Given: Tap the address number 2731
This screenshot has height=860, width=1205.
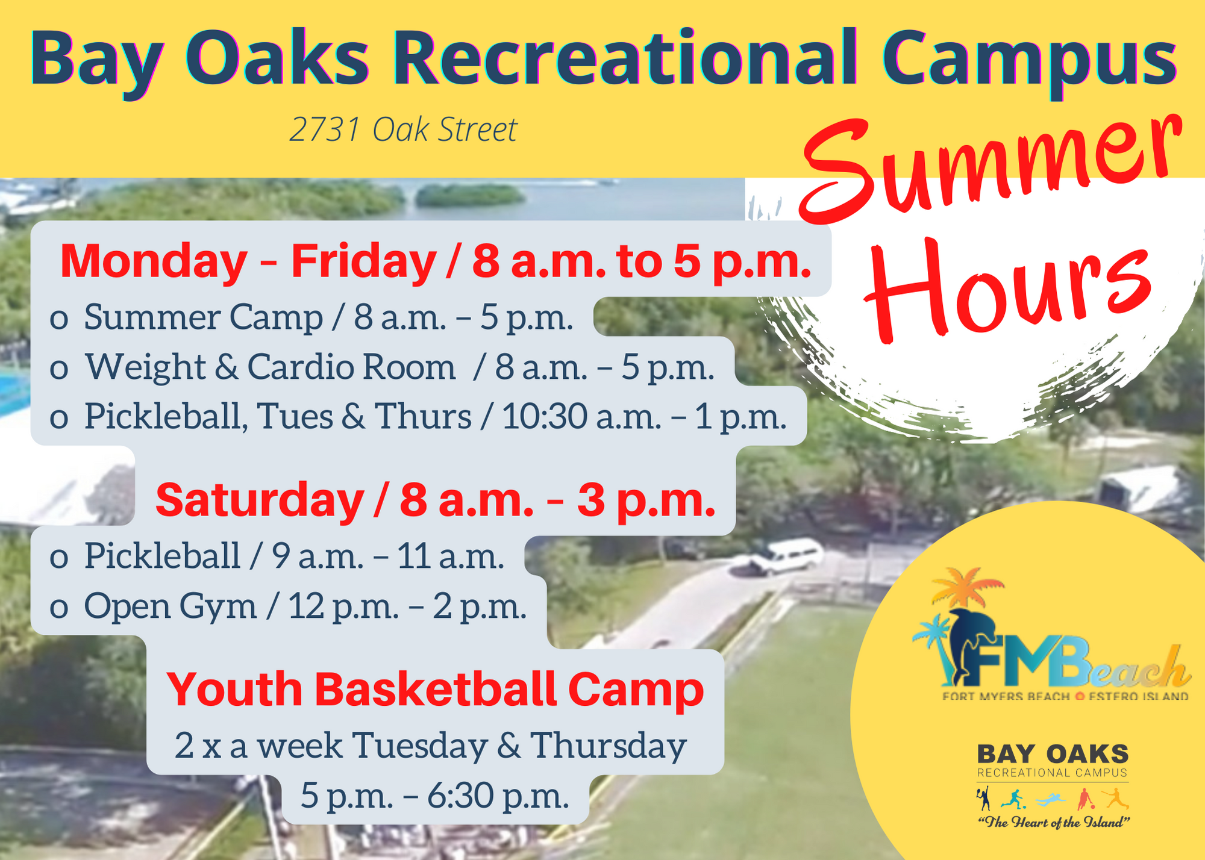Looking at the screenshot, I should point(325,129).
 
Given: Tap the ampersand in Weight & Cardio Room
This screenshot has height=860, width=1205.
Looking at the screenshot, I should point(226,367).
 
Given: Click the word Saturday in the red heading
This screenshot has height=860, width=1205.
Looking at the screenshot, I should point(259,500).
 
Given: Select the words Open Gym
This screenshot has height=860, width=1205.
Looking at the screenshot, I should point(170,606).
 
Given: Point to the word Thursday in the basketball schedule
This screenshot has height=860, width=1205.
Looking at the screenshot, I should point(608,746).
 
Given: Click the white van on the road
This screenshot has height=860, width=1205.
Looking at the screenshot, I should point(783,557).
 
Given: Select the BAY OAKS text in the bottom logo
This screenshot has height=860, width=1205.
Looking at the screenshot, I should point(1052,754).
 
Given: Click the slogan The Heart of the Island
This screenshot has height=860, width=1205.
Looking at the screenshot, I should point(1053,822).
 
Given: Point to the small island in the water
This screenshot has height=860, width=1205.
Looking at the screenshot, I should point(470,194).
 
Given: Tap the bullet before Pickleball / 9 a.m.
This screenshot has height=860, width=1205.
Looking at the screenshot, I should point(58,558).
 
